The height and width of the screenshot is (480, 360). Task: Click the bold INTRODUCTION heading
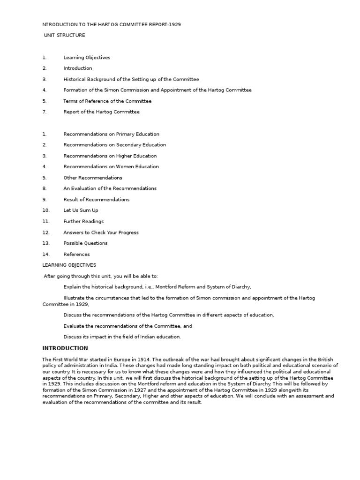point(65,348)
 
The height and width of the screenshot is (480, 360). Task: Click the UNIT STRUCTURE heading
point(65,35)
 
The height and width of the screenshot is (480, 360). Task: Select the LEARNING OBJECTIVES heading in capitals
point(69,265)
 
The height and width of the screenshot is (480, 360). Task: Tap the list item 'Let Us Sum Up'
point(81,210)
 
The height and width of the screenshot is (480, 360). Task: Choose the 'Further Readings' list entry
point(83,221)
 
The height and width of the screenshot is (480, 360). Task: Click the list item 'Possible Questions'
point(85,243)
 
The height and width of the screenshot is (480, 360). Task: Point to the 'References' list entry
point(76,255)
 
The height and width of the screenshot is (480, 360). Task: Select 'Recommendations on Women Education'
point(111,166)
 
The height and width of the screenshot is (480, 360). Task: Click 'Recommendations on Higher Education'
point(110,156)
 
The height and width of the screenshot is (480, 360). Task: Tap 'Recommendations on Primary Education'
point(111,134)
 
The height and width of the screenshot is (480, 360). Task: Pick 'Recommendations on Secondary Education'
point(114,145)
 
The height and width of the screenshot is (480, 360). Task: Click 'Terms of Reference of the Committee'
point(107,101)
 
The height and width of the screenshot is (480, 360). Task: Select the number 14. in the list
point(45,255)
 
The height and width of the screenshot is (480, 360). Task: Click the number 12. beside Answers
point(45,232)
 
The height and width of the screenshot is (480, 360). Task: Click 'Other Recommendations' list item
point(93,178)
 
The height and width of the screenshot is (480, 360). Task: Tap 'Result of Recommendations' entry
point(96,200)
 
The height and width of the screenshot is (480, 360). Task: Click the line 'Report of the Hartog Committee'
point(101,112)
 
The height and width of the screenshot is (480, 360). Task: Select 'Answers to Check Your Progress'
point(101,232)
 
